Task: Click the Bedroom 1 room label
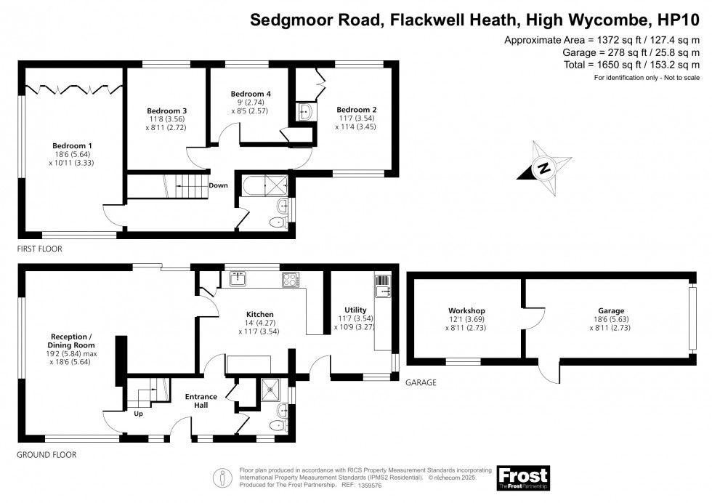[72, 146]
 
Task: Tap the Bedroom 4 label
[251, 94]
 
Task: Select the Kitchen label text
[260, 315]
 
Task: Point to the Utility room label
[355, 310]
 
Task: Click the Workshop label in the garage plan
[466, 311]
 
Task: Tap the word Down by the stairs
[219, 185]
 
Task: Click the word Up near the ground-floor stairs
[139, 414]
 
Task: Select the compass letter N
[544, 168]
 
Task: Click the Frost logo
[523, 478]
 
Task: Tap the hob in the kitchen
[291, 279]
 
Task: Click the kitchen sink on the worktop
[238, 279]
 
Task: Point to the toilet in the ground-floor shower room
[278, 426]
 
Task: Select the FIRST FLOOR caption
[39, 249]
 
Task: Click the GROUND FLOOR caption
[46, 455]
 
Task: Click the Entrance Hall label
[201, 401]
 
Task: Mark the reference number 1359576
[370, 486]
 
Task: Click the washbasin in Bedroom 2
[305, 112]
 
